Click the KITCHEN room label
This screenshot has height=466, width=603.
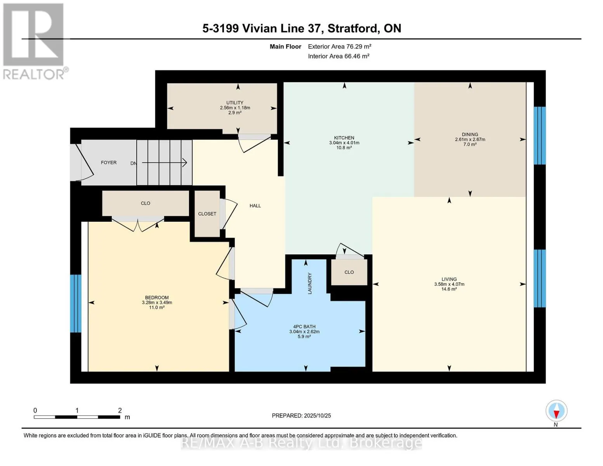pos(344,138)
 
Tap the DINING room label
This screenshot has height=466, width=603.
pos(470,135)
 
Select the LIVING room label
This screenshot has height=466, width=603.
pos(449,279)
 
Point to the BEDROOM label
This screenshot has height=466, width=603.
pos(157,298)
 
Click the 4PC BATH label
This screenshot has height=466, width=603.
pos(304,327)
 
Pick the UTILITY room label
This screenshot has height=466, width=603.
pos(235,103)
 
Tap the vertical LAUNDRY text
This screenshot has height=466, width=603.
pos(310,283)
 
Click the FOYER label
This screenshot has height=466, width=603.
pos(109,163)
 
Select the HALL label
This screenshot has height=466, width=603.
pos(255,206)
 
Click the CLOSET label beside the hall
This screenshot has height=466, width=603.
pos(207,214)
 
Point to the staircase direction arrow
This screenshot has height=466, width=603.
pos(165,163)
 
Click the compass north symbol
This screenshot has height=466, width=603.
pos(556,411)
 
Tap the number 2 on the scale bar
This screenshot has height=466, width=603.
pos(120,410)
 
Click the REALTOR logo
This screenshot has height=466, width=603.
pos(34,41)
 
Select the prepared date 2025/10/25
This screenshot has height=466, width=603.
pos(317,416)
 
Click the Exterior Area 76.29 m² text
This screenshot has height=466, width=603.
pos(339,47)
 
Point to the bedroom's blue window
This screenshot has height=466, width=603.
pos(75,304)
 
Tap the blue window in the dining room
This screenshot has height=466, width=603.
pos(539,136)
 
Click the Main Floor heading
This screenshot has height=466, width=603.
pos(285,47)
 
